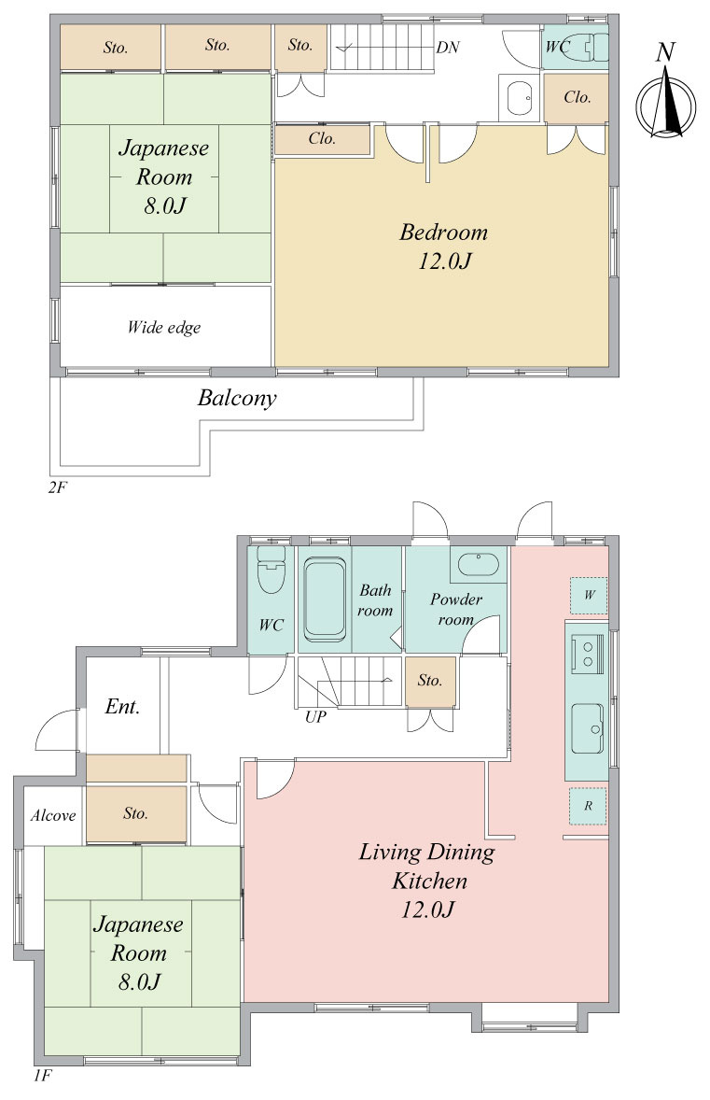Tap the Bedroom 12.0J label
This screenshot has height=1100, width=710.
point(444,247)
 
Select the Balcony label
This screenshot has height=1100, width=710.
point(237,399)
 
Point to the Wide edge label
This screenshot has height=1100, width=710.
point(164,327)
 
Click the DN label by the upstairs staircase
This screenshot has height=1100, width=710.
point(447,47)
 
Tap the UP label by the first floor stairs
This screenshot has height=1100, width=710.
point(315,717)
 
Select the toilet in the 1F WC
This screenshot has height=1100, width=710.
point(271,569)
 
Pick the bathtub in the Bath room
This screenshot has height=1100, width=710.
point(326,599)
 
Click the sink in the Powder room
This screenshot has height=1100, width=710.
point(478,565)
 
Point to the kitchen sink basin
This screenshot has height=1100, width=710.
point(587,728)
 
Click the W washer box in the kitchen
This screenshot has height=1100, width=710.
point(589,595)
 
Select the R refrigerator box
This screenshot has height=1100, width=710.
point(588,806)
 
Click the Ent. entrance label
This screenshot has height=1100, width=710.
point(122,706)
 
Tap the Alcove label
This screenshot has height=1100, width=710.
point(53,815)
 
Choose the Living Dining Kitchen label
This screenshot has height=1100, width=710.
point(428,881)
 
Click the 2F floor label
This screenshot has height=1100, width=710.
point(58,487)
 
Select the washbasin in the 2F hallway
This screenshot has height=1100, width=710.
point(520,97)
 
